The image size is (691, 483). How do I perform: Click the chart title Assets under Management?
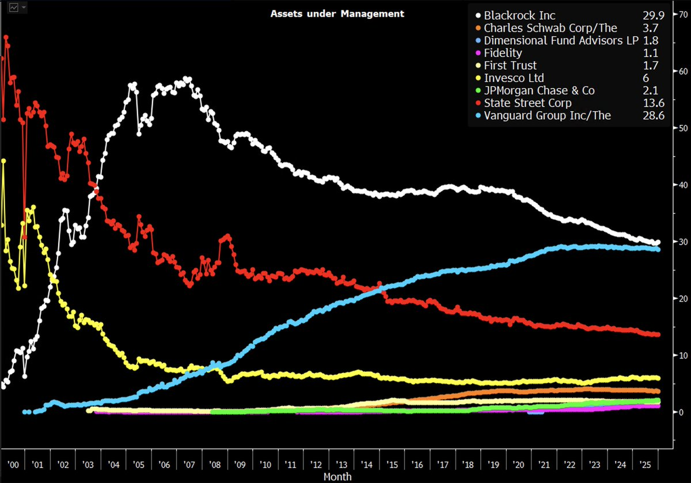coord(337,13)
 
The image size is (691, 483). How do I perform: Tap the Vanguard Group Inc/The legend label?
coord(547,115)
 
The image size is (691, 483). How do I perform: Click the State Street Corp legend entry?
coord(527,103)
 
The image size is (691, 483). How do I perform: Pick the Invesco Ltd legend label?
coord(514,78)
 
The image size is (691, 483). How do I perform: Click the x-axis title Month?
coord(337,477)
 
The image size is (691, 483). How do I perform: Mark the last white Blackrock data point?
coord(657,242)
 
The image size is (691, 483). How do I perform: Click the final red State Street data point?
coord(657,334)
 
